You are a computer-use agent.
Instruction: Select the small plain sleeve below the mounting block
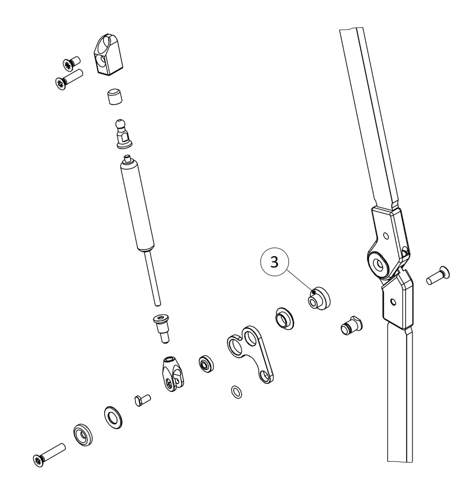point(113,96)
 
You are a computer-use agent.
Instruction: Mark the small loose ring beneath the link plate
point(236,392)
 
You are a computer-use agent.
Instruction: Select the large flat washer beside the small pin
point(114,417)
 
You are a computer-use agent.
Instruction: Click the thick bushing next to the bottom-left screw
point(83,434)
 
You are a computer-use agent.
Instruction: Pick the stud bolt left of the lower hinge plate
point(352,326)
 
